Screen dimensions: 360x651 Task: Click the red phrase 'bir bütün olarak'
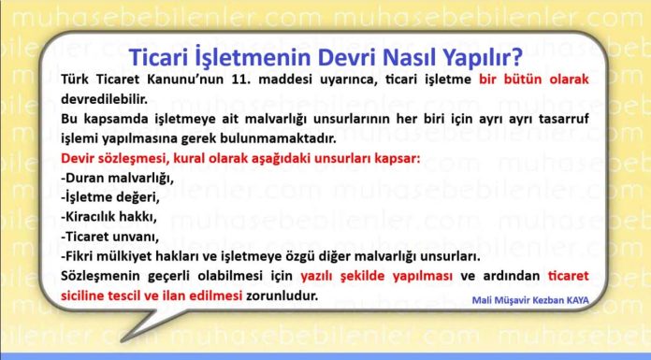(533, 79)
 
